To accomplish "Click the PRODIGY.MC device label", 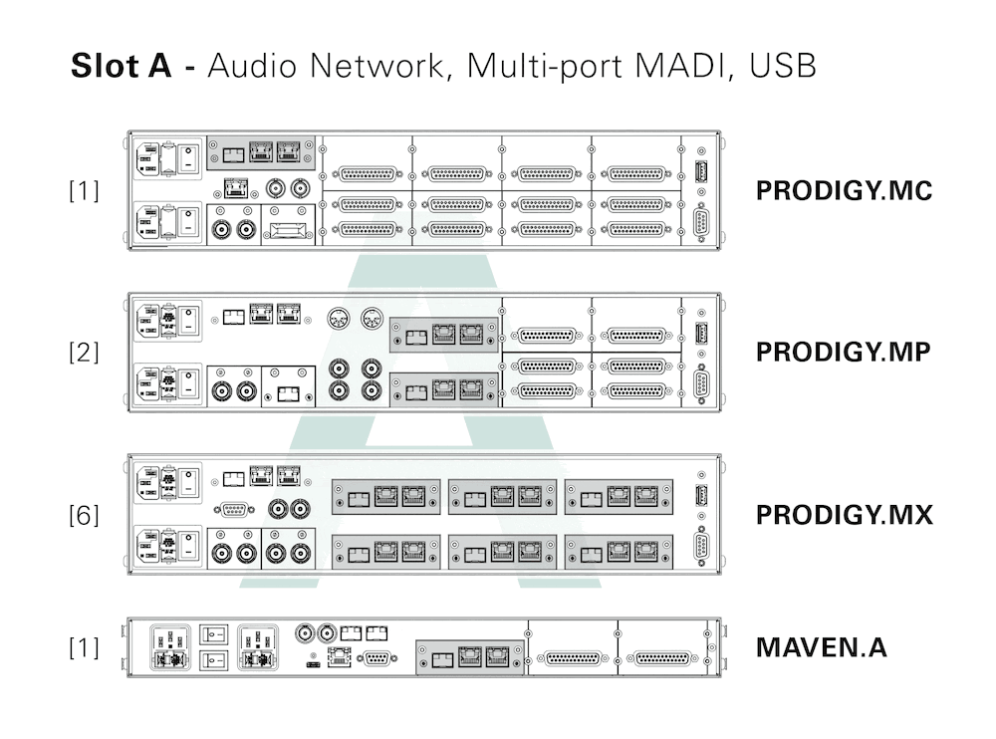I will tap(844, 190).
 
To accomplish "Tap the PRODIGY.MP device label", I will tap(844, 353).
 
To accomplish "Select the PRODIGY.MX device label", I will tap(844, 515).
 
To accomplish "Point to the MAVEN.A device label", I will tap(821, 647).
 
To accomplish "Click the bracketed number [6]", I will tap(84, 515).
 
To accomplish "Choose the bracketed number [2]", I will tap(84, 353).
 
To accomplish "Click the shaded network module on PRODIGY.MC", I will tap(260, 152).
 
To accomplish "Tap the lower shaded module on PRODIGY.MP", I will tap(444, 389).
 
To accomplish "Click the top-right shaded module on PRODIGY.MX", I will tap(619, 496).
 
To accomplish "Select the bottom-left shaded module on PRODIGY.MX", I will tap(385, 550).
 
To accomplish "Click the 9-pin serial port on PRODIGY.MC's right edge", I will tap(700, 222).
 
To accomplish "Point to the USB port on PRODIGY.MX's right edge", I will tap(700, 496).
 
